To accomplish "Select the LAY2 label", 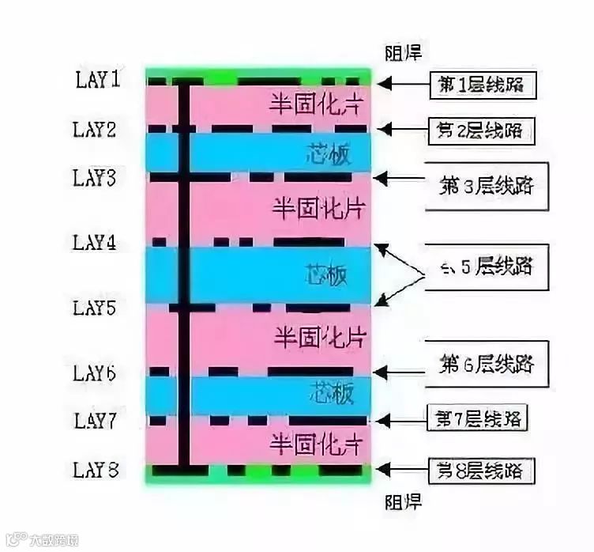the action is click(x=96, y=130).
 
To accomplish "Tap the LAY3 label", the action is click(x=96, y=179).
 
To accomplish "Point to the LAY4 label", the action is click(x=96, y=243).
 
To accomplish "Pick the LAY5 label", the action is click(x=96, y=307).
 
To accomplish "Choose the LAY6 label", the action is click(x=96, y=372).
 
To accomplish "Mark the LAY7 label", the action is click(x=96, y=421).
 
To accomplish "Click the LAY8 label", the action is click(x=96, y=471).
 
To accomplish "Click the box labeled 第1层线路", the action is click(x=483, y=85).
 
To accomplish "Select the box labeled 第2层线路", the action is click(x=482, y=130).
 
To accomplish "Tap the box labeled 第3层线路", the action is click(x=486, y=187).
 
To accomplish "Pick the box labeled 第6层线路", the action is click(x=486, y=364).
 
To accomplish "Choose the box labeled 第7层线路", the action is click(x=479, y=417).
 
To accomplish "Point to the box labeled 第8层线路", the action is click(x=480, y=472).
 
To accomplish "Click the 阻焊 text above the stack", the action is click(x=402, y=54).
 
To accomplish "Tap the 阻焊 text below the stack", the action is click(x=402, y=501).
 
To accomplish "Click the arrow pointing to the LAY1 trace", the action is click(x=404, y=82).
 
